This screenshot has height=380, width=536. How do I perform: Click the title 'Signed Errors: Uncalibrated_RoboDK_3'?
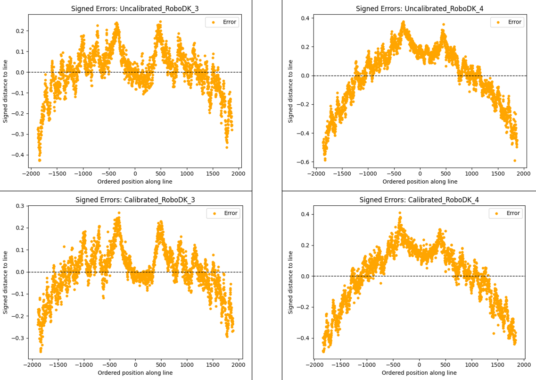click(x=135, y=9)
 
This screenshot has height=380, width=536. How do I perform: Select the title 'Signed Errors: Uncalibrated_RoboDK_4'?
click(x=420, y=9)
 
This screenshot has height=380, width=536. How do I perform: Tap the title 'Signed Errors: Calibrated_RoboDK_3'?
click(x=135, y=200)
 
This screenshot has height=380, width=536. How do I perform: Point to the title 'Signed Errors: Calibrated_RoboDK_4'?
click(x=419, y=200)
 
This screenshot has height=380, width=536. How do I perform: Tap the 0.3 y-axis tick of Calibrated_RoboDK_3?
click(x=19, y=206)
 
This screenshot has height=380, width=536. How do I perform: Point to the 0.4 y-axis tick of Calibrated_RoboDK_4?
click(x=304, y=214)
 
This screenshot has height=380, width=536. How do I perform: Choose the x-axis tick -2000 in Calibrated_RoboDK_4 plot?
click(x=314, y=364)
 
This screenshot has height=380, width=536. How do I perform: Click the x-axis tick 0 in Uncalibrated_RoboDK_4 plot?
click(x=420, y=173)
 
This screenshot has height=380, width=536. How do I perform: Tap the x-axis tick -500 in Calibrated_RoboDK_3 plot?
click(x=110, y=364)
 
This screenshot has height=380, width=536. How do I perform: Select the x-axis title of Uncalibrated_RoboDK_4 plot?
click(x=420, y=182)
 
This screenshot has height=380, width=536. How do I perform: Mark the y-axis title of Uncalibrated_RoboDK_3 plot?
click(x=6, y=91)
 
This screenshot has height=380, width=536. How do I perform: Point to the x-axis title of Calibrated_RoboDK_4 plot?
click(x=419, y=373)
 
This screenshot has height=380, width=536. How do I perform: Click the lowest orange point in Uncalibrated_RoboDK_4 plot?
click(x=515, y=160)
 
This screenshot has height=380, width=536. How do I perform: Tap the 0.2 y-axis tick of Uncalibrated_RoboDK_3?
click(x=20, y=31)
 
